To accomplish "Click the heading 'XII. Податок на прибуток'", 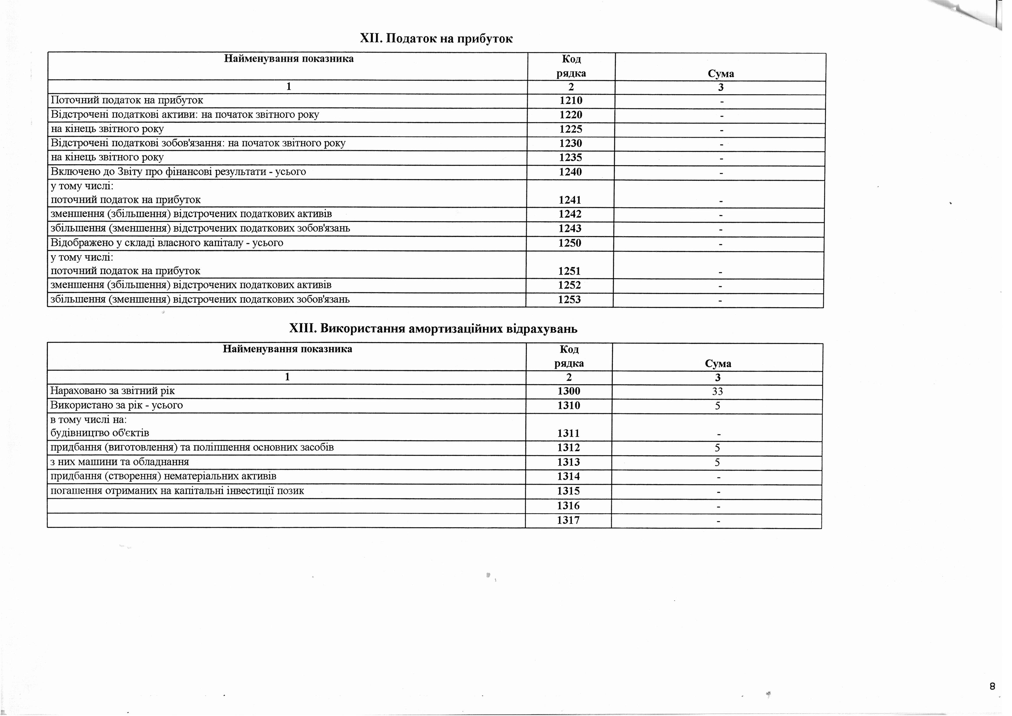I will click(x=436, y=39).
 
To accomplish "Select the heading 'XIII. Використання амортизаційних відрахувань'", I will click(x=433, y=329).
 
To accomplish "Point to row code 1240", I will click(x=570, y=172).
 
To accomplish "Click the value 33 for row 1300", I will click(x=717, y=391).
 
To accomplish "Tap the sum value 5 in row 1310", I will click(x=717, y=406).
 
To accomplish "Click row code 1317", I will click(x=568, y=520).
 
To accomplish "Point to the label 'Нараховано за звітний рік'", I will click(x=112, y=391).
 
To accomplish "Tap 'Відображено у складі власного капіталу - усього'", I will click(x=167, y=243).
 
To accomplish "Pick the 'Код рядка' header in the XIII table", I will click(x=569, y=356).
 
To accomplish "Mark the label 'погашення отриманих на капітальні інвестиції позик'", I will click(x=177, y=491).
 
